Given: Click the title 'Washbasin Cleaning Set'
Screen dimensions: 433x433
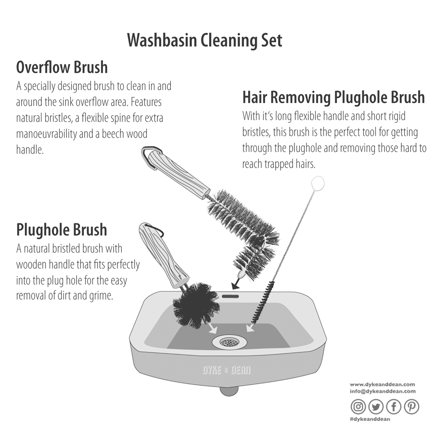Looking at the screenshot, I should coord(204,40).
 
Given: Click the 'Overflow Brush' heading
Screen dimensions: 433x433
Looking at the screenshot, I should coord(62,67).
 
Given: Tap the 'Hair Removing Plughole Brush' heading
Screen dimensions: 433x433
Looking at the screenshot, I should coord(333,97).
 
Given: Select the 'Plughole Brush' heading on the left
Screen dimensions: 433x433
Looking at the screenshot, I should coord(62,229).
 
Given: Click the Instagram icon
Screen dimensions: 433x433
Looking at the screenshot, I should coord(358,407).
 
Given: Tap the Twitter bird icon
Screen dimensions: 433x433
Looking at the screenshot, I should coord(376,407).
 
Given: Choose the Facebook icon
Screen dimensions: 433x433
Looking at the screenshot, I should coord(394,407).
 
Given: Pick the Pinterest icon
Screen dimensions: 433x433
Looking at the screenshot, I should coord(411,407).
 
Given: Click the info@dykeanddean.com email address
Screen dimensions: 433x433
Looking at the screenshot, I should coord(382,392).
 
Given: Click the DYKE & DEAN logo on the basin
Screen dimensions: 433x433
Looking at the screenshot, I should coord(226,370).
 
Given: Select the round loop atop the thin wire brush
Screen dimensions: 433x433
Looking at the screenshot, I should coord(318,183).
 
